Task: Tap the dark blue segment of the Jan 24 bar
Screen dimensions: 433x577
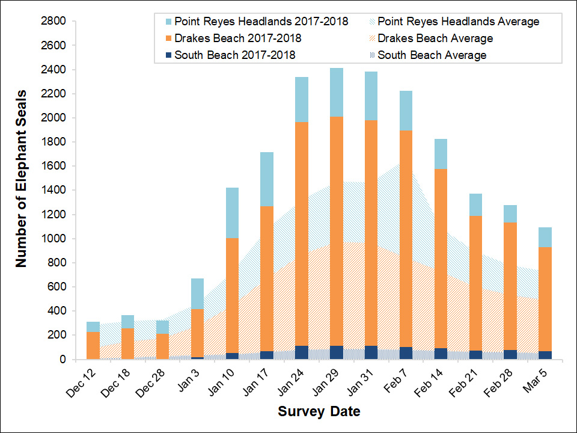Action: coord(301,352)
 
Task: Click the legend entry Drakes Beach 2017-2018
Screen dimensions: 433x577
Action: coord(237,38)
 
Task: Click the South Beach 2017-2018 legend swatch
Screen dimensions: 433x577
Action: coord(165,55)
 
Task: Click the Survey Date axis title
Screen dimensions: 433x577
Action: coord(319,412)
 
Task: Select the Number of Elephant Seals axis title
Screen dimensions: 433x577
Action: coord(22,179)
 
